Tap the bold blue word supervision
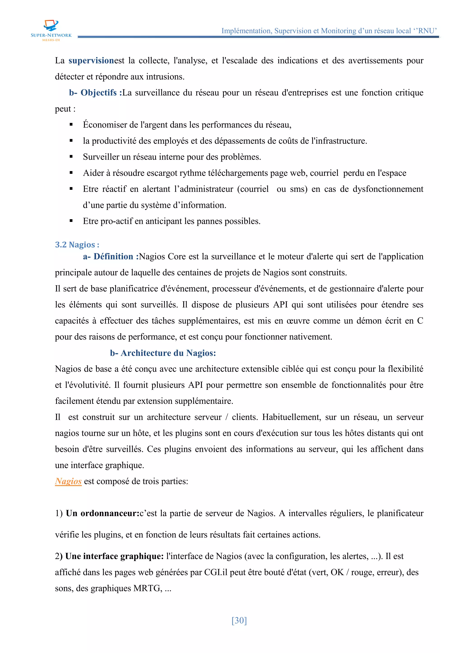tap(91, 61)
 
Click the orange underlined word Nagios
tap(68, 481)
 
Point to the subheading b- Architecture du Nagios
tap(163, 353)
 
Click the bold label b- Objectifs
tap(95, 93)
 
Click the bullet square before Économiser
tap(71, 125)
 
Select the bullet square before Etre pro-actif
tap(71, 221)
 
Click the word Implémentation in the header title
tap(246, 31)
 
